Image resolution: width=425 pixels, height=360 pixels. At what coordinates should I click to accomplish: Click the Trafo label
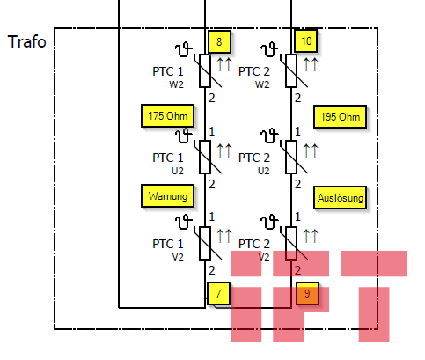[27, 41]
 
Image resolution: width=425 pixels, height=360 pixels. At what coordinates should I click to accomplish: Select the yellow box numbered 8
[219, 41]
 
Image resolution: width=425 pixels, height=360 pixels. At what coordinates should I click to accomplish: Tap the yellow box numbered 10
[306, 40]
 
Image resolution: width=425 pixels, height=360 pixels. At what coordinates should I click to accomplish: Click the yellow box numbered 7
[218, 293]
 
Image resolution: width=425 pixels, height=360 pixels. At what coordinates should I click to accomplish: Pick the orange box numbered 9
[307, 293]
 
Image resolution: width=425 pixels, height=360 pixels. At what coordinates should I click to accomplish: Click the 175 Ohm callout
[167, 115]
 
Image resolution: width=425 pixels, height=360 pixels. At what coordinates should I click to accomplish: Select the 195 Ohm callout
[340, 117]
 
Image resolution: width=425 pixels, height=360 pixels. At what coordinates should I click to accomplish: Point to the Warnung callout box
[167, 196]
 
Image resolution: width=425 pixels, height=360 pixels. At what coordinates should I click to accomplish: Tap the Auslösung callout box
[340, 197]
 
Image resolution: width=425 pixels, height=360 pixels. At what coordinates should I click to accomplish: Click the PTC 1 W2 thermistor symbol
[205, 70]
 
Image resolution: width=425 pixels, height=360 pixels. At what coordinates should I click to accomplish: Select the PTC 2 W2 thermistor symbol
[291, 70]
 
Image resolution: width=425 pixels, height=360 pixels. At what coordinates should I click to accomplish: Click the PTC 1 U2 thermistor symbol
[205, 157]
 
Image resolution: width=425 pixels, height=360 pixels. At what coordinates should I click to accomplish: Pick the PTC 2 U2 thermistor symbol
[291, 157]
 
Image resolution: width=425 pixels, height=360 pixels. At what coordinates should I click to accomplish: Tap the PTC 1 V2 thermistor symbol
[205, 243]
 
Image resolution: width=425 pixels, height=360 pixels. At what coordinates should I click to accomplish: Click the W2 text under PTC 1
[176, 84]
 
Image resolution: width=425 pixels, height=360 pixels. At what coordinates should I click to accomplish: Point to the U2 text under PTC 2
[263, 171]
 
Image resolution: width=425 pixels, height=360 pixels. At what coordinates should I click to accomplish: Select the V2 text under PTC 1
[178, 257]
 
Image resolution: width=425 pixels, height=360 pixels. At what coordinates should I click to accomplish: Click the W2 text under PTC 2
[262, 84]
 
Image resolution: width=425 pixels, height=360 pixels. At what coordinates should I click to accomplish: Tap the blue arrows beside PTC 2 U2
[311, 151]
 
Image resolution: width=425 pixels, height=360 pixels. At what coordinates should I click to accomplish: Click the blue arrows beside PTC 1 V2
[224, 236]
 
